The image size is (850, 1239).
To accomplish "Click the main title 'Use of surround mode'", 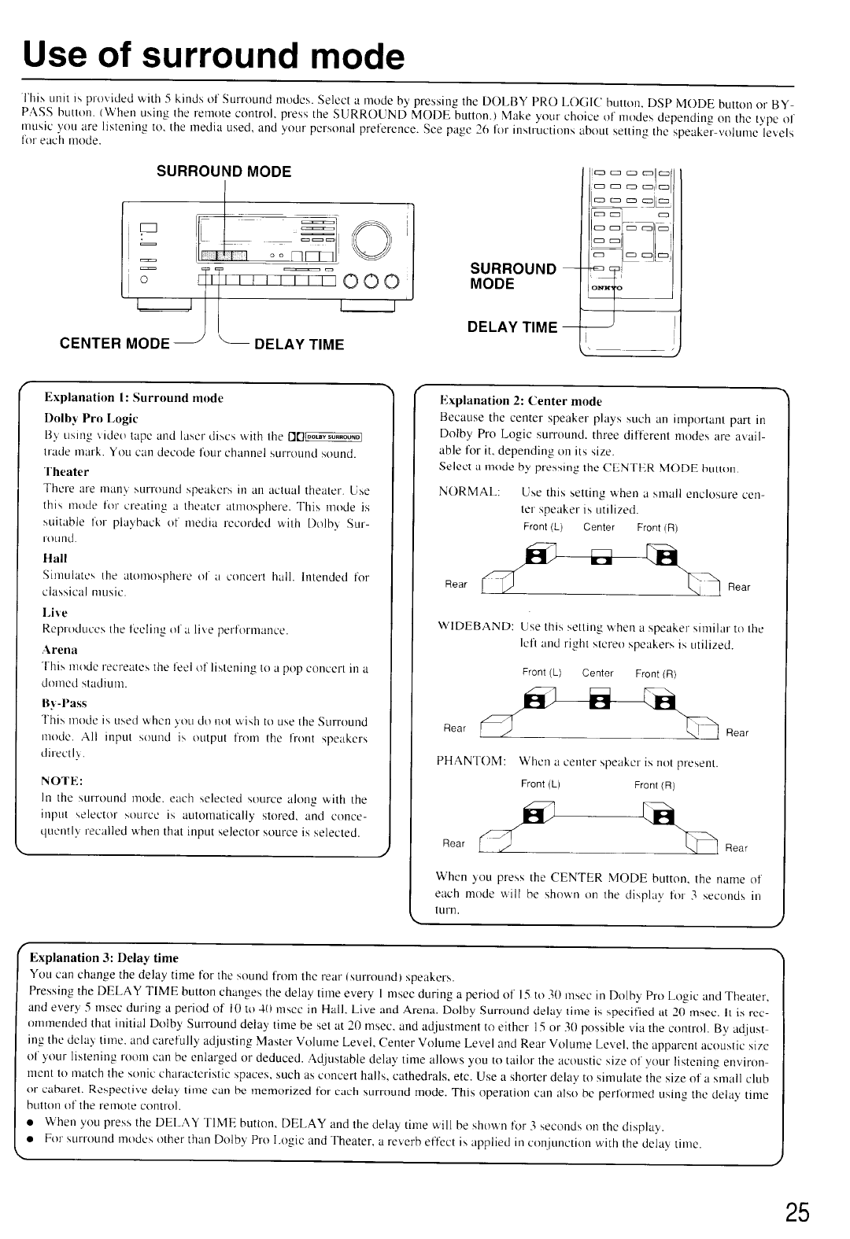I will [x=213, y=57].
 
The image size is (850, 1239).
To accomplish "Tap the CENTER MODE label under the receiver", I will [x=114, y=344].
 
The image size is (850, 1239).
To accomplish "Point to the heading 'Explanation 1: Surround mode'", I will [x=134, y=398].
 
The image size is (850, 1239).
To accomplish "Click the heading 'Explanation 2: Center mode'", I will [x=520, y=401].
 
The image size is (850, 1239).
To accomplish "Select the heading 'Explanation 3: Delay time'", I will [x=104, y=957].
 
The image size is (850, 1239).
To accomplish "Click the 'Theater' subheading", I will [x=66, y=472].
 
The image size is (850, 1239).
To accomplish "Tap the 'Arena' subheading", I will [x=61, y=649].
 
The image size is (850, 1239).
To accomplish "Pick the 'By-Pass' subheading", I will [x=65, y=702].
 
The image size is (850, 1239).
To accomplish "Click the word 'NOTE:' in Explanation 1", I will [x=62, y=780].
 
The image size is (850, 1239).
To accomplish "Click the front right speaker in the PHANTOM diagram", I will [x=662, y=817].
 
